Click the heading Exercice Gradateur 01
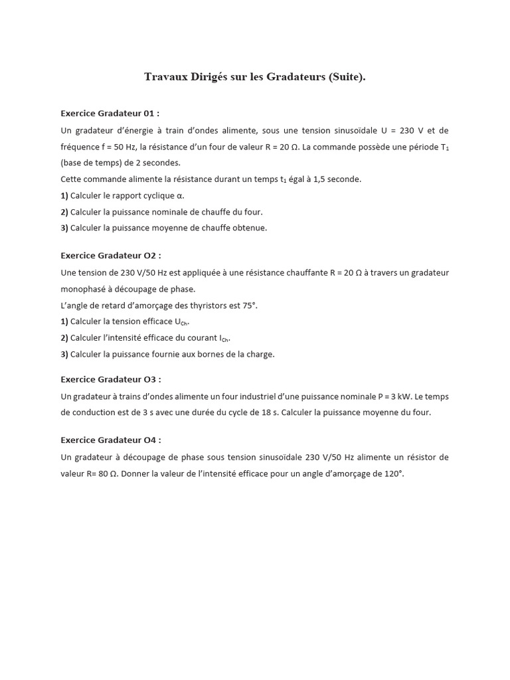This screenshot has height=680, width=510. pos(110,113)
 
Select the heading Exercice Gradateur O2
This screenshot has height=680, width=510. pos(111,255)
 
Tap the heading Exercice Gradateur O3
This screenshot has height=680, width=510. pos(111,379)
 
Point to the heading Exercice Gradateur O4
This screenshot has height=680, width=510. pos(111,440)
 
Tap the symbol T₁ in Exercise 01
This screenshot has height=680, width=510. pos(444,147)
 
